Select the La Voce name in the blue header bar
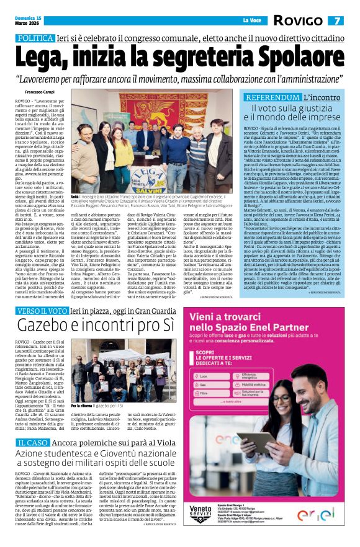[x=251, y=20]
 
